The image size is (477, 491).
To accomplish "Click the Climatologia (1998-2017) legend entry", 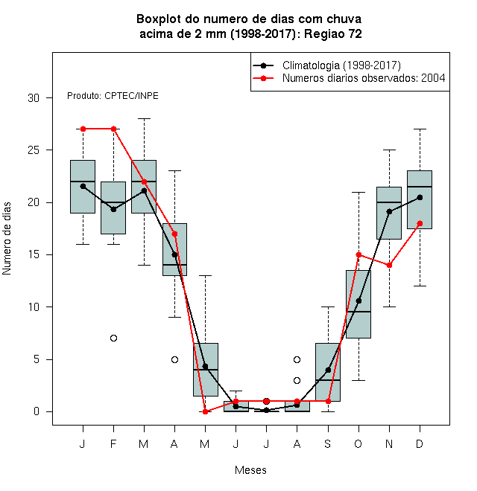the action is click(x=327, y=65).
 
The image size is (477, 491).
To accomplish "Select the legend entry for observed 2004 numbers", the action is click(x=349, y=78).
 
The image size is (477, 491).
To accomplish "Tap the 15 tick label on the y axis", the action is click(x=34, y=254).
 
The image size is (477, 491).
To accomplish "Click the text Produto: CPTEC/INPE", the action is click(x=113, y=96).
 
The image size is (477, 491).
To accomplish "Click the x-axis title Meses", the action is click(x=250, y=470).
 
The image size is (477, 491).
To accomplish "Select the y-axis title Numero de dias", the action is click(x=7, y=239).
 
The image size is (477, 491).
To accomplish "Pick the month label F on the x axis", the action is click(x=113, y=443).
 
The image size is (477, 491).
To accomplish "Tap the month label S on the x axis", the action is click(x=328, y=443).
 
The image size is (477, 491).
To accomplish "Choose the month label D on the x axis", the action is click(x=420, y=443).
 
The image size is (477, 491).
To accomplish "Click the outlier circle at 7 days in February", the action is click(x=113, y=338).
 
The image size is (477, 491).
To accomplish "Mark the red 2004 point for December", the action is click(x=420, y=224).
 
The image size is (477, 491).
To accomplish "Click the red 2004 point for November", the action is click(x=390, y=266).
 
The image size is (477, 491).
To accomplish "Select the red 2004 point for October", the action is click(x=358, y=254).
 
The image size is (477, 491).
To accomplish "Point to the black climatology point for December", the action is click(x=420, y=197).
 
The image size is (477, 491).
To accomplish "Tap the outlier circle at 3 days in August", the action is click(x=297, y=380).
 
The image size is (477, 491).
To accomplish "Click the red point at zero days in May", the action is click(x=205, y=411).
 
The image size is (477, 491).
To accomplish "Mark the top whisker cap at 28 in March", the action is click(x=144, y=119).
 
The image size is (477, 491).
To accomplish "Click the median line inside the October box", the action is click(x=358, y=312).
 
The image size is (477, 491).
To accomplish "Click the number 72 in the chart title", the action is click(x=356, y=33).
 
